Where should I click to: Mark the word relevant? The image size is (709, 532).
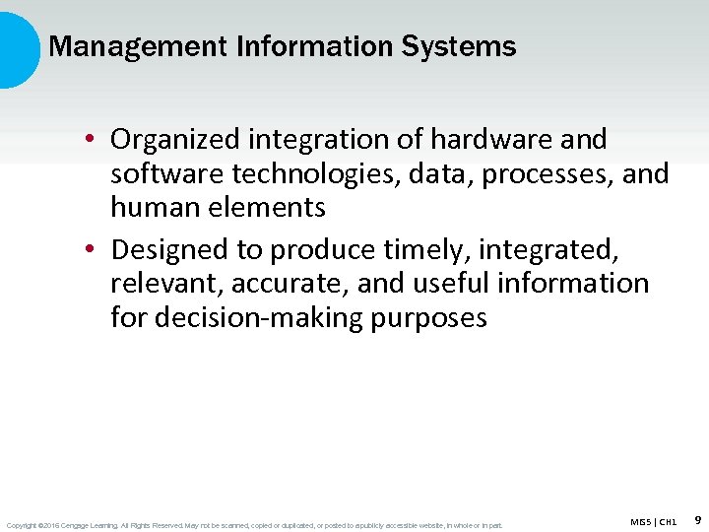[x=164, y=284]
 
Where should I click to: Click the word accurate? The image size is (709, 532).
[x=287, y=284]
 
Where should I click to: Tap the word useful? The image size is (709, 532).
[x=450, y=284]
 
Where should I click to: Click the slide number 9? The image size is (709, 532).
[x=697, y=519]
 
